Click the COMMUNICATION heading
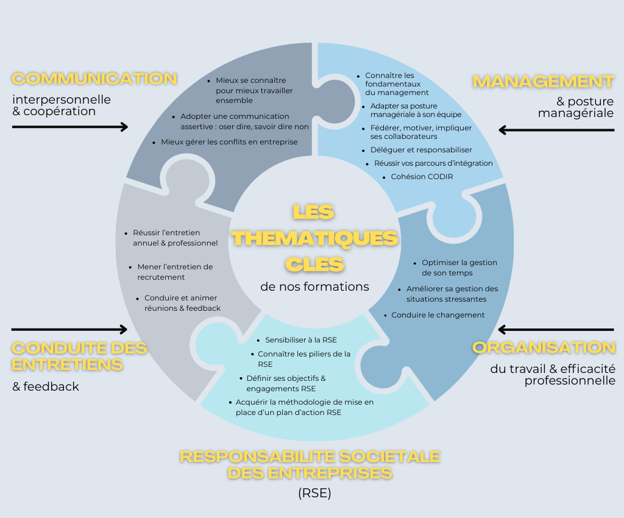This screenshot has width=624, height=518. (x=94, y=79)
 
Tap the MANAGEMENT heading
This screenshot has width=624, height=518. (x=543, y=81)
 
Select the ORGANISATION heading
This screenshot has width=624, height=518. (x=544, y=347)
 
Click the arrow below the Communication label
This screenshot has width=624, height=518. (x=70, y=127)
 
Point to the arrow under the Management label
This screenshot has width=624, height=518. (x=556, y=129)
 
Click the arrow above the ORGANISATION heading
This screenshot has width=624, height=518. (x=556, y=330)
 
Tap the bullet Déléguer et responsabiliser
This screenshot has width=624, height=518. (x=421, y=150)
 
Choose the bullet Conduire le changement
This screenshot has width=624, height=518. (x=438, y=315)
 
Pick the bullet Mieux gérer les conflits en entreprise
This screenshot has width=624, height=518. (x=229, y=142)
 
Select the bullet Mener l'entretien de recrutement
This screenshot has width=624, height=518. (x=175, y=272)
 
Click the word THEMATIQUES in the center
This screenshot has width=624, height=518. (x=315, y=238)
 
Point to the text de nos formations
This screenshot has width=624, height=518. (x=314, y=286)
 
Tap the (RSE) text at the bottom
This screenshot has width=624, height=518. (x=314, y=494)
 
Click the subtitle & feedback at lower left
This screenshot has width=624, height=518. (x=46, y=386)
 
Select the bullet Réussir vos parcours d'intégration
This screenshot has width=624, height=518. (x=433, y=163)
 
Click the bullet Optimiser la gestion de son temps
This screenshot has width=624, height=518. (x=459, y=268)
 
